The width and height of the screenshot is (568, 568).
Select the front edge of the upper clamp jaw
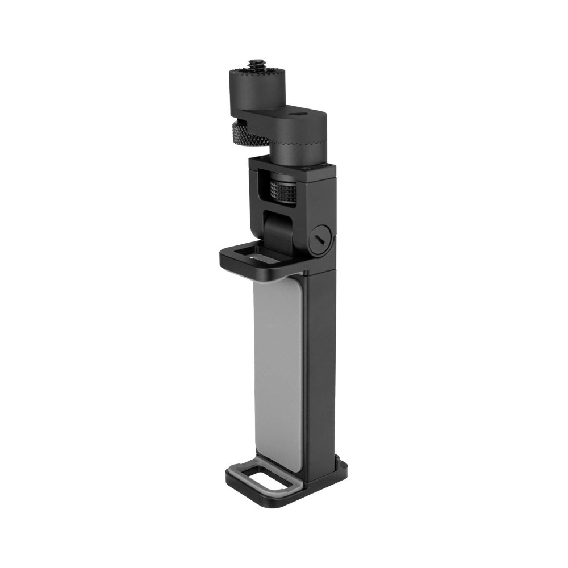(x=250, y=272)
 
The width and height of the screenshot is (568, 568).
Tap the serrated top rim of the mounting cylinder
(x=252, y=73)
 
